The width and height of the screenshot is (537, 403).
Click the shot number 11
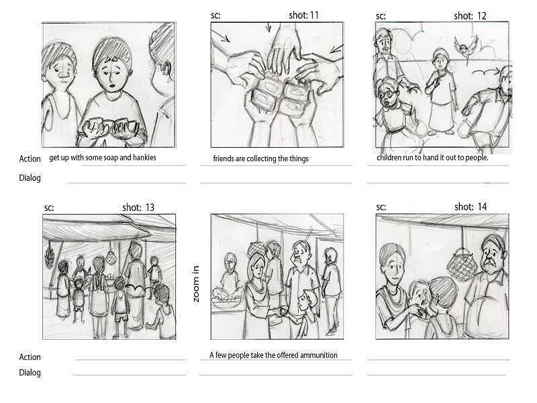(313, 15)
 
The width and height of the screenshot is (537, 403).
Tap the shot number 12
(481, 15)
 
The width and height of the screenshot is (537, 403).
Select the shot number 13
(150, 208)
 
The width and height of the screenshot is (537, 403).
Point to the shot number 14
(482, 207)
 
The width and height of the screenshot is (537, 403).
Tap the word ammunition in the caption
(318, 355)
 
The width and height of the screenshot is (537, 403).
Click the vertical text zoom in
(196, 284)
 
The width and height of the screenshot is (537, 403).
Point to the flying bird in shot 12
(466, 46)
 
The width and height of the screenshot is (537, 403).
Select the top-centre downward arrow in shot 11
(268, 27)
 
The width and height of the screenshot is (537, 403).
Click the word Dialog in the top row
(30, 178)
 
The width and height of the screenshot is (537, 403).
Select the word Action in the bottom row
(30, 357)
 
